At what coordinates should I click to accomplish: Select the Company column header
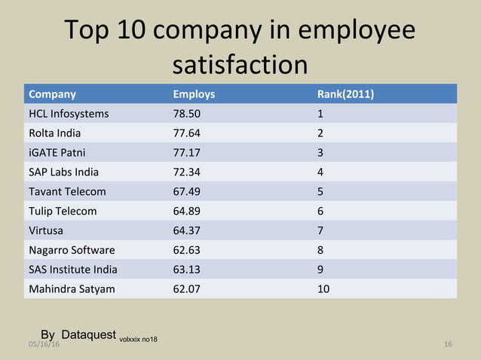point(52,94)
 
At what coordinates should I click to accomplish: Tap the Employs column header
point(194,94)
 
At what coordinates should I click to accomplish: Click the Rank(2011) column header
point(346,94)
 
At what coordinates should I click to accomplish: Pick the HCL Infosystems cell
point(69,114)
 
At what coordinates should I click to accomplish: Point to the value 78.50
point(187,114)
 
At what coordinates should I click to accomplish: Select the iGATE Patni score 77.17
point(187,153)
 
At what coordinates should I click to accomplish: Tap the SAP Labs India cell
point(63,172)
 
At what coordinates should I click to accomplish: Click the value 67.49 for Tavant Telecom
point(187,191)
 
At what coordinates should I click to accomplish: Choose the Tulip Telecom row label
point(63,211)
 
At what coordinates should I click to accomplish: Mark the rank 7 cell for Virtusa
point(320,230)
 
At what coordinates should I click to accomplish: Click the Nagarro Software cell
point(72,250)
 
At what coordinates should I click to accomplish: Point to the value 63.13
point(187,269)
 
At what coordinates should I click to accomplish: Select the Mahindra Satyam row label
point(72,288)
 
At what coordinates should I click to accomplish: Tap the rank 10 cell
point(323,288)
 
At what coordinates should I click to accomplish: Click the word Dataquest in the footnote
point(88,334)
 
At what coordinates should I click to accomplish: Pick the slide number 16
point(448,344)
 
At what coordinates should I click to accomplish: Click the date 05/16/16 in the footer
point(44,344)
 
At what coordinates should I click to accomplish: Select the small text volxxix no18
point(138,339)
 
